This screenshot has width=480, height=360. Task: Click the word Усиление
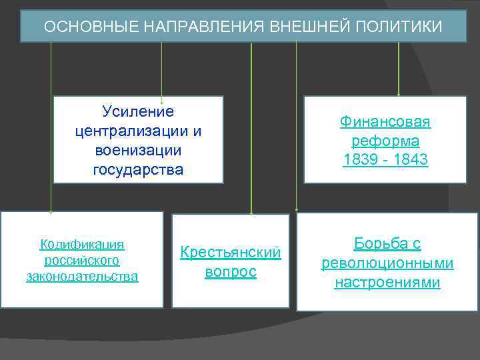[138, 111]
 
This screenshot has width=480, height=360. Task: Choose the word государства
[138, 169]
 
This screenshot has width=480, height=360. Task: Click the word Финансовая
[385, 122]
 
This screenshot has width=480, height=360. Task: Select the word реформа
[385, 141]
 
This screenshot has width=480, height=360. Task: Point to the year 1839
[360, 161]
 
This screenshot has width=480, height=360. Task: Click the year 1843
[411, 161]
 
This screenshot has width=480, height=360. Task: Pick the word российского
[82, 260]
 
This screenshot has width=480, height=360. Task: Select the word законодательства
[82, 276]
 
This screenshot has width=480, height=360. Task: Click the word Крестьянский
[231, 253]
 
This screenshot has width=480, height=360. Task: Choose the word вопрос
[231, 273]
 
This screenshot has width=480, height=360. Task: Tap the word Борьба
[387, 243]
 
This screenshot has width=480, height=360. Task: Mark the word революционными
[387, 263]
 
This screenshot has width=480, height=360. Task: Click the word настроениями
[387, 283]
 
